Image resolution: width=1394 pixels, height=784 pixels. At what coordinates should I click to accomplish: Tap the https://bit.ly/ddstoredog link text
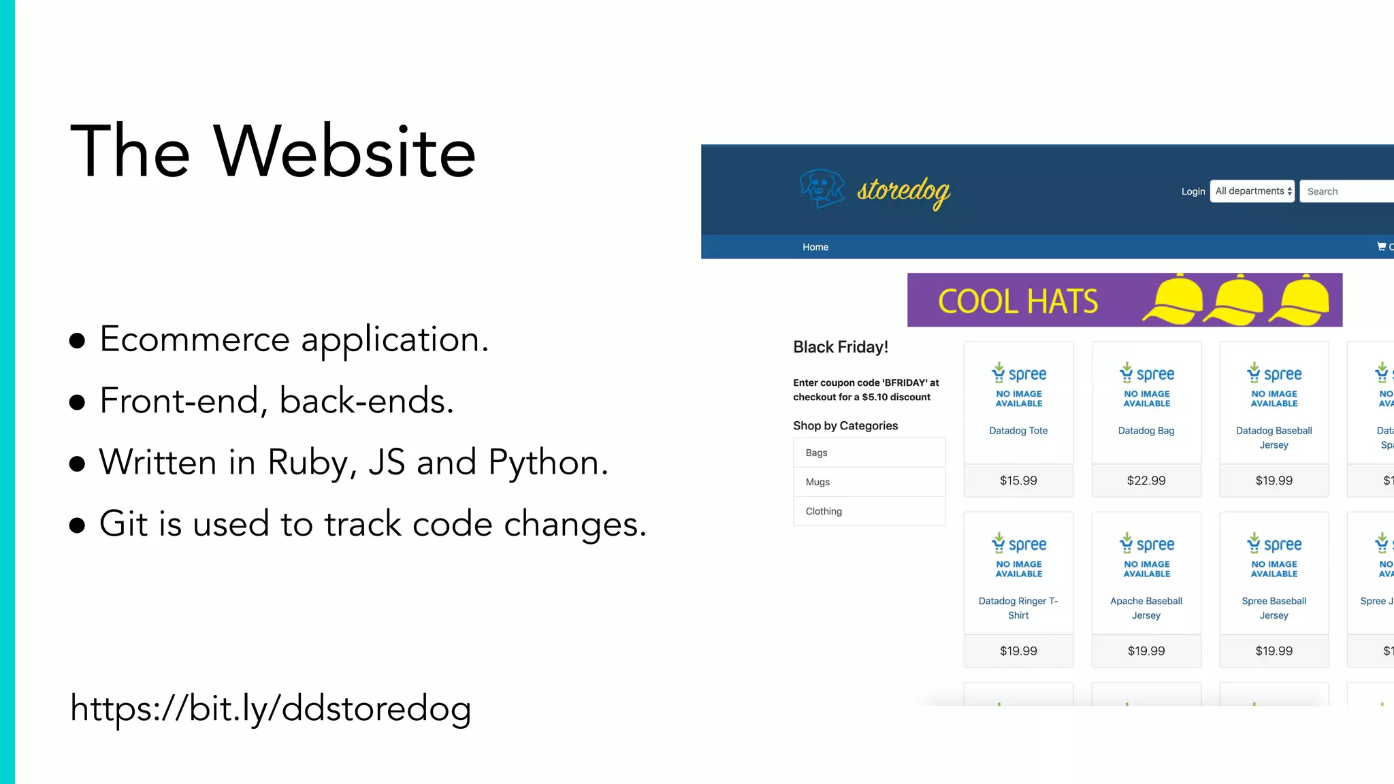pos(270,708)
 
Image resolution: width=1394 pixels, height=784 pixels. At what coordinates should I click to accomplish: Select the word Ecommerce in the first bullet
pos(195,339)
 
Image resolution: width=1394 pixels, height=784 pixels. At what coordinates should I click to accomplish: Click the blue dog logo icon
pos(822,189)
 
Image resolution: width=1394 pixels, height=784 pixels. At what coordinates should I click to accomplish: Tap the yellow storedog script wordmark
pos(903,191)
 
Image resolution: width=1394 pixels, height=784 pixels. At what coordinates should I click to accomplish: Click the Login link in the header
pos(1193,191)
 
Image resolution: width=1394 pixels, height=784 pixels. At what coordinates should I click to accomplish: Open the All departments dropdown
pos(1252,191)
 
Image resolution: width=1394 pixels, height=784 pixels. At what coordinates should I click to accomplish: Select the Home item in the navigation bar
pos(815,247)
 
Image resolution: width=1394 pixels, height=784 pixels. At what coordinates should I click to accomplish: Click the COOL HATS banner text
pos(1018,301)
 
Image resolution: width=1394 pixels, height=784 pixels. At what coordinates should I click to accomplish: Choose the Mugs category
pos(817,482)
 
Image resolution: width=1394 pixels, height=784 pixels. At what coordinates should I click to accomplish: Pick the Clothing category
pos(824,511)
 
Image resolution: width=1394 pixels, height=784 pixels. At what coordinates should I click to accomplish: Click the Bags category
pos(816,453)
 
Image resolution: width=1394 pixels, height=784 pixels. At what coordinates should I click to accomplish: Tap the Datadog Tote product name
pos(1018,431)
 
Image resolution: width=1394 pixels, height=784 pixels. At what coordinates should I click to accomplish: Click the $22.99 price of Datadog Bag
pos(1146,480)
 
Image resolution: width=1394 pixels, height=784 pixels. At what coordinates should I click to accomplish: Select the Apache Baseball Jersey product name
pos(1146,608)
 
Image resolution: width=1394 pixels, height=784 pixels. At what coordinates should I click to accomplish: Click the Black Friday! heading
pos(841,347)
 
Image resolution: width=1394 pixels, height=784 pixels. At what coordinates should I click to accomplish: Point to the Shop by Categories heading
pos(845,426)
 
